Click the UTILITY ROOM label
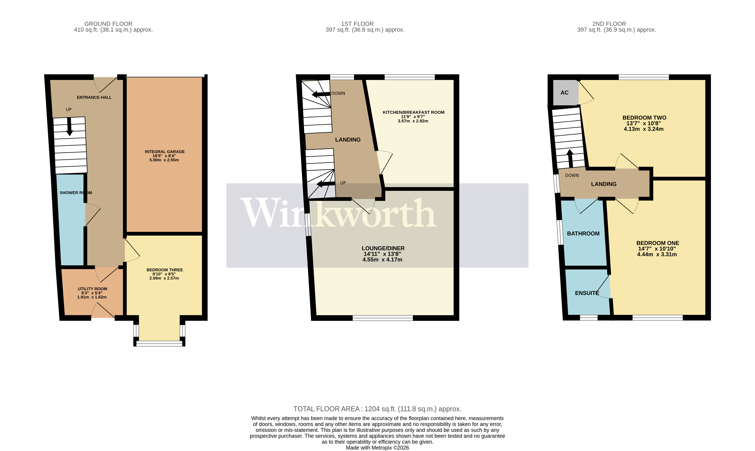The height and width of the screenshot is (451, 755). coord(92,289)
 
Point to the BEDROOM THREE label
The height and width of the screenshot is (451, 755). coord(164,270)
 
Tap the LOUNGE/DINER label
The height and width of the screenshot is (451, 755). coord(383,248)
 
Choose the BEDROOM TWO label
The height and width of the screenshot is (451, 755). coord(644,118)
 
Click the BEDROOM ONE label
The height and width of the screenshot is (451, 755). coord(657,243)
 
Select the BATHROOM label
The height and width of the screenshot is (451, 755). coord(583,233)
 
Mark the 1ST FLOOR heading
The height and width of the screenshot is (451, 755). coord(357,24)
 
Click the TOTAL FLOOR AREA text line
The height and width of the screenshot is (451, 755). coord(377,409)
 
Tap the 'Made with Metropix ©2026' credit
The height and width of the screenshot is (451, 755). coord(377,448)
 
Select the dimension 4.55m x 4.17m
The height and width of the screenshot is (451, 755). coord(382,259)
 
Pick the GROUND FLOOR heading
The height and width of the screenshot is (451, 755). coord(108,24)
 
